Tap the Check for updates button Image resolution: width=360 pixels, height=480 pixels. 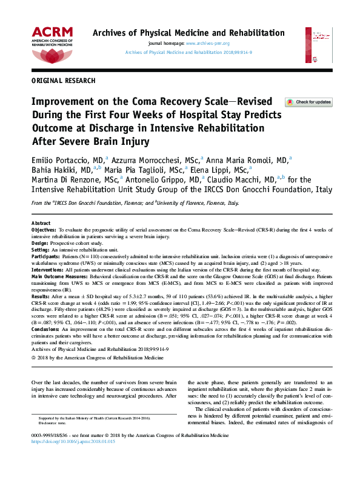308,102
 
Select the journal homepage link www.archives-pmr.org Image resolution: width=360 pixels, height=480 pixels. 207,44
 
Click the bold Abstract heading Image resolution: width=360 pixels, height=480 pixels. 41,224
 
